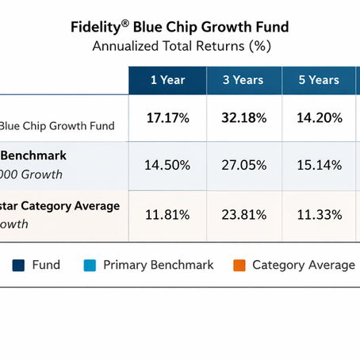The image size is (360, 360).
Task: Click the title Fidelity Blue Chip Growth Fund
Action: coord(180,27)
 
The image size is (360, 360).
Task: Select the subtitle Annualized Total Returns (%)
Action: coord(180,45)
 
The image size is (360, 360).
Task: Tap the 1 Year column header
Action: coord(167,80)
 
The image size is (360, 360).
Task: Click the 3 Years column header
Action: coord(244,80)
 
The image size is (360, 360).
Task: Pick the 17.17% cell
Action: coord(167,118)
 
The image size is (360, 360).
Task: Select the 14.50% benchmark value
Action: coord(167,165)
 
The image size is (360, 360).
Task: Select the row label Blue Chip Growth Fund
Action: coord(57,125)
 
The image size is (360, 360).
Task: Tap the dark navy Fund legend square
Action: coord(17,265)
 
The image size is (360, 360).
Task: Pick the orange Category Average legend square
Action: coord(236,265)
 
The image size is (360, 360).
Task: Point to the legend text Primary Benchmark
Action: coord(159,265)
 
